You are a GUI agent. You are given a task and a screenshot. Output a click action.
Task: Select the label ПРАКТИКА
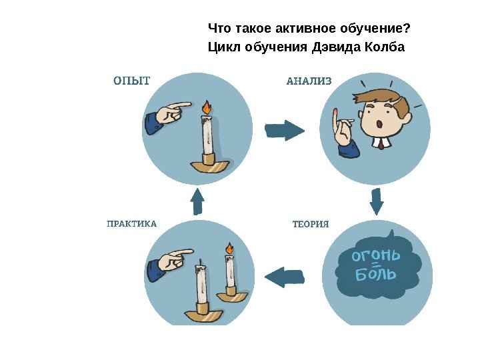(x=132, y=224)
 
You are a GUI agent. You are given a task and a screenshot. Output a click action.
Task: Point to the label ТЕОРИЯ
(x=311, y=224)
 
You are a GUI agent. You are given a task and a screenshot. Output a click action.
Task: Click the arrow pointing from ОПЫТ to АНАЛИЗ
(x=284, y=129)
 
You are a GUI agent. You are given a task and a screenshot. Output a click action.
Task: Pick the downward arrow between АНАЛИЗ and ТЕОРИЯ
(x=377, y=201)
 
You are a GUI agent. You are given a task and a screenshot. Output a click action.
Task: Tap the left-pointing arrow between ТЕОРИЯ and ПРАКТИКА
(x=285, y=276)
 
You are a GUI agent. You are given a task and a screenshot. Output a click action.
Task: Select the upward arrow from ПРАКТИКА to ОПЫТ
(x=197, y=201)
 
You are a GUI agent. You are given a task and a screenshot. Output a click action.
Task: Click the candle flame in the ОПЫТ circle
(x=207, y=107)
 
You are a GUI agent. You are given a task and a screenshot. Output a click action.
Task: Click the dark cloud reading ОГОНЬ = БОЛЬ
(x=378, y=265)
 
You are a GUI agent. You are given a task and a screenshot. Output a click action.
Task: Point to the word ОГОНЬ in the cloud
(x=376, y=256)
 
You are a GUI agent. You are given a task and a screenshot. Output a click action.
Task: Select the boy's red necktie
(x=381, y=143)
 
